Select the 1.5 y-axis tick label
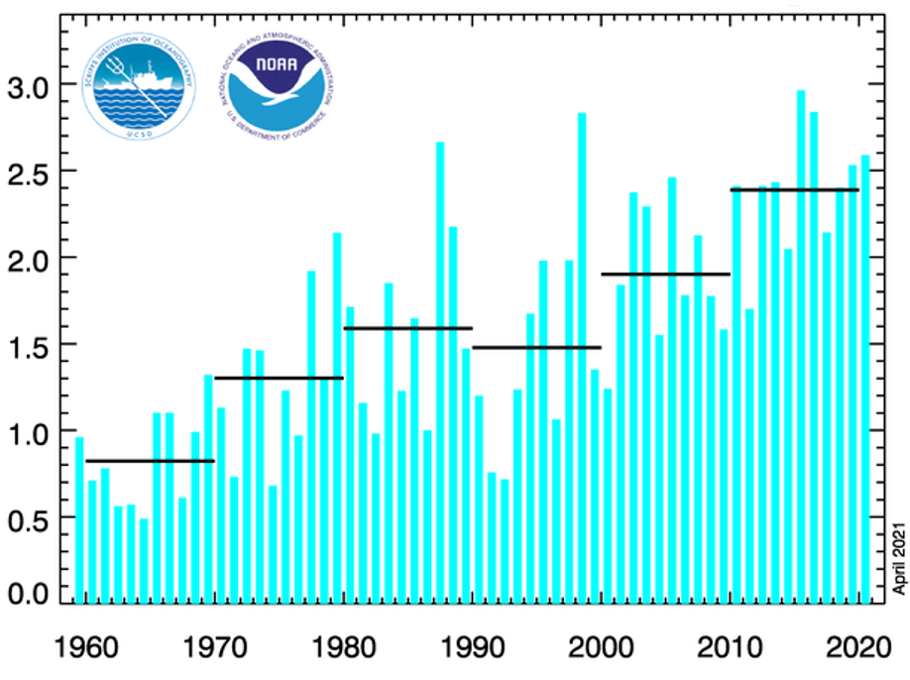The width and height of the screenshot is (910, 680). click(x=30, y=345)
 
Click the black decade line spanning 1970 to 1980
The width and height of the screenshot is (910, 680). click(x=279, y=378)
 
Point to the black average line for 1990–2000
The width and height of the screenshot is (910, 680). click(x=536, y=347)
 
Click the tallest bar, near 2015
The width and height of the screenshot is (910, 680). click(x=801, y=347)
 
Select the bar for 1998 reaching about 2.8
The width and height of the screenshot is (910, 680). click(x=582, y=357)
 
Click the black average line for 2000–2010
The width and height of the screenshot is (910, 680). click(x=665, y=274)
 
